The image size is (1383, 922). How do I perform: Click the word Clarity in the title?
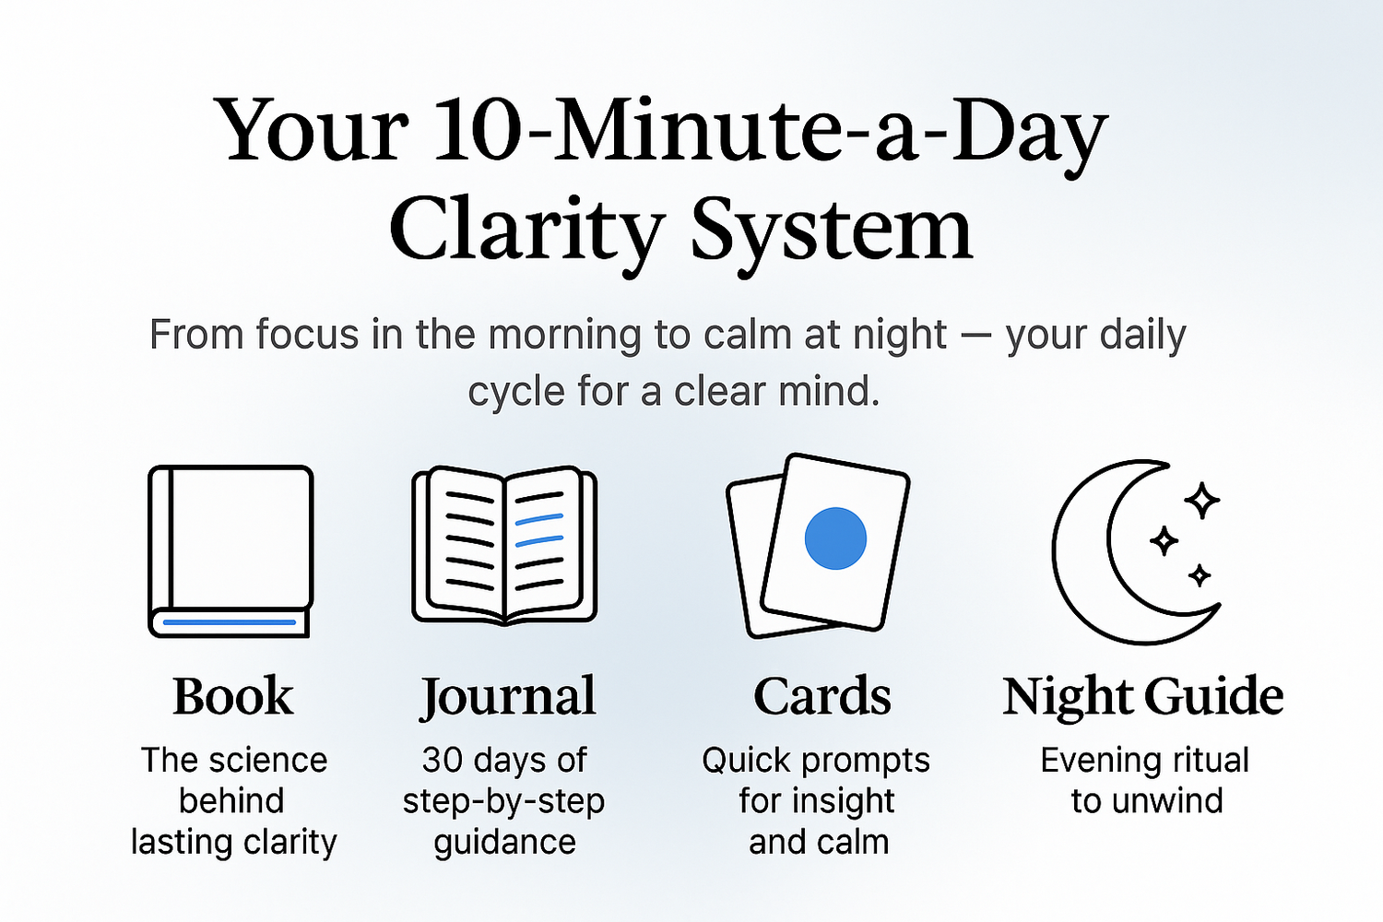[x=526, y=233]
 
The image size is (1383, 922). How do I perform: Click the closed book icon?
[x=230, y=550]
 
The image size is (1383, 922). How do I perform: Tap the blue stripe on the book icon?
[x=230, y=621]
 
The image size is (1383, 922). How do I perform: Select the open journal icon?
[x=504, y=545]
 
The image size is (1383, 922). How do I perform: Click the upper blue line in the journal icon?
[x=539, y=519]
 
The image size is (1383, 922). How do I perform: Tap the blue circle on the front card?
[x=835, y=538]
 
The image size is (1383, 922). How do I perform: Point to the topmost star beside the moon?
[x=1201, y=501]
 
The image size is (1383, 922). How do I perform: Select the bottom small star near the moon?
[x=1200, y=575]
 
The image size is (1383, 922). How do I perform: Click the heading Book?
[x=232, y=696]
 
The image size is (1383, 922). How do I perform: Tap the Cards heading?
[x=822, y=696]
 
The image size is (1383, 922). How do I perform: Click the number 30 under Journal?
[x=442, y=761]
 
